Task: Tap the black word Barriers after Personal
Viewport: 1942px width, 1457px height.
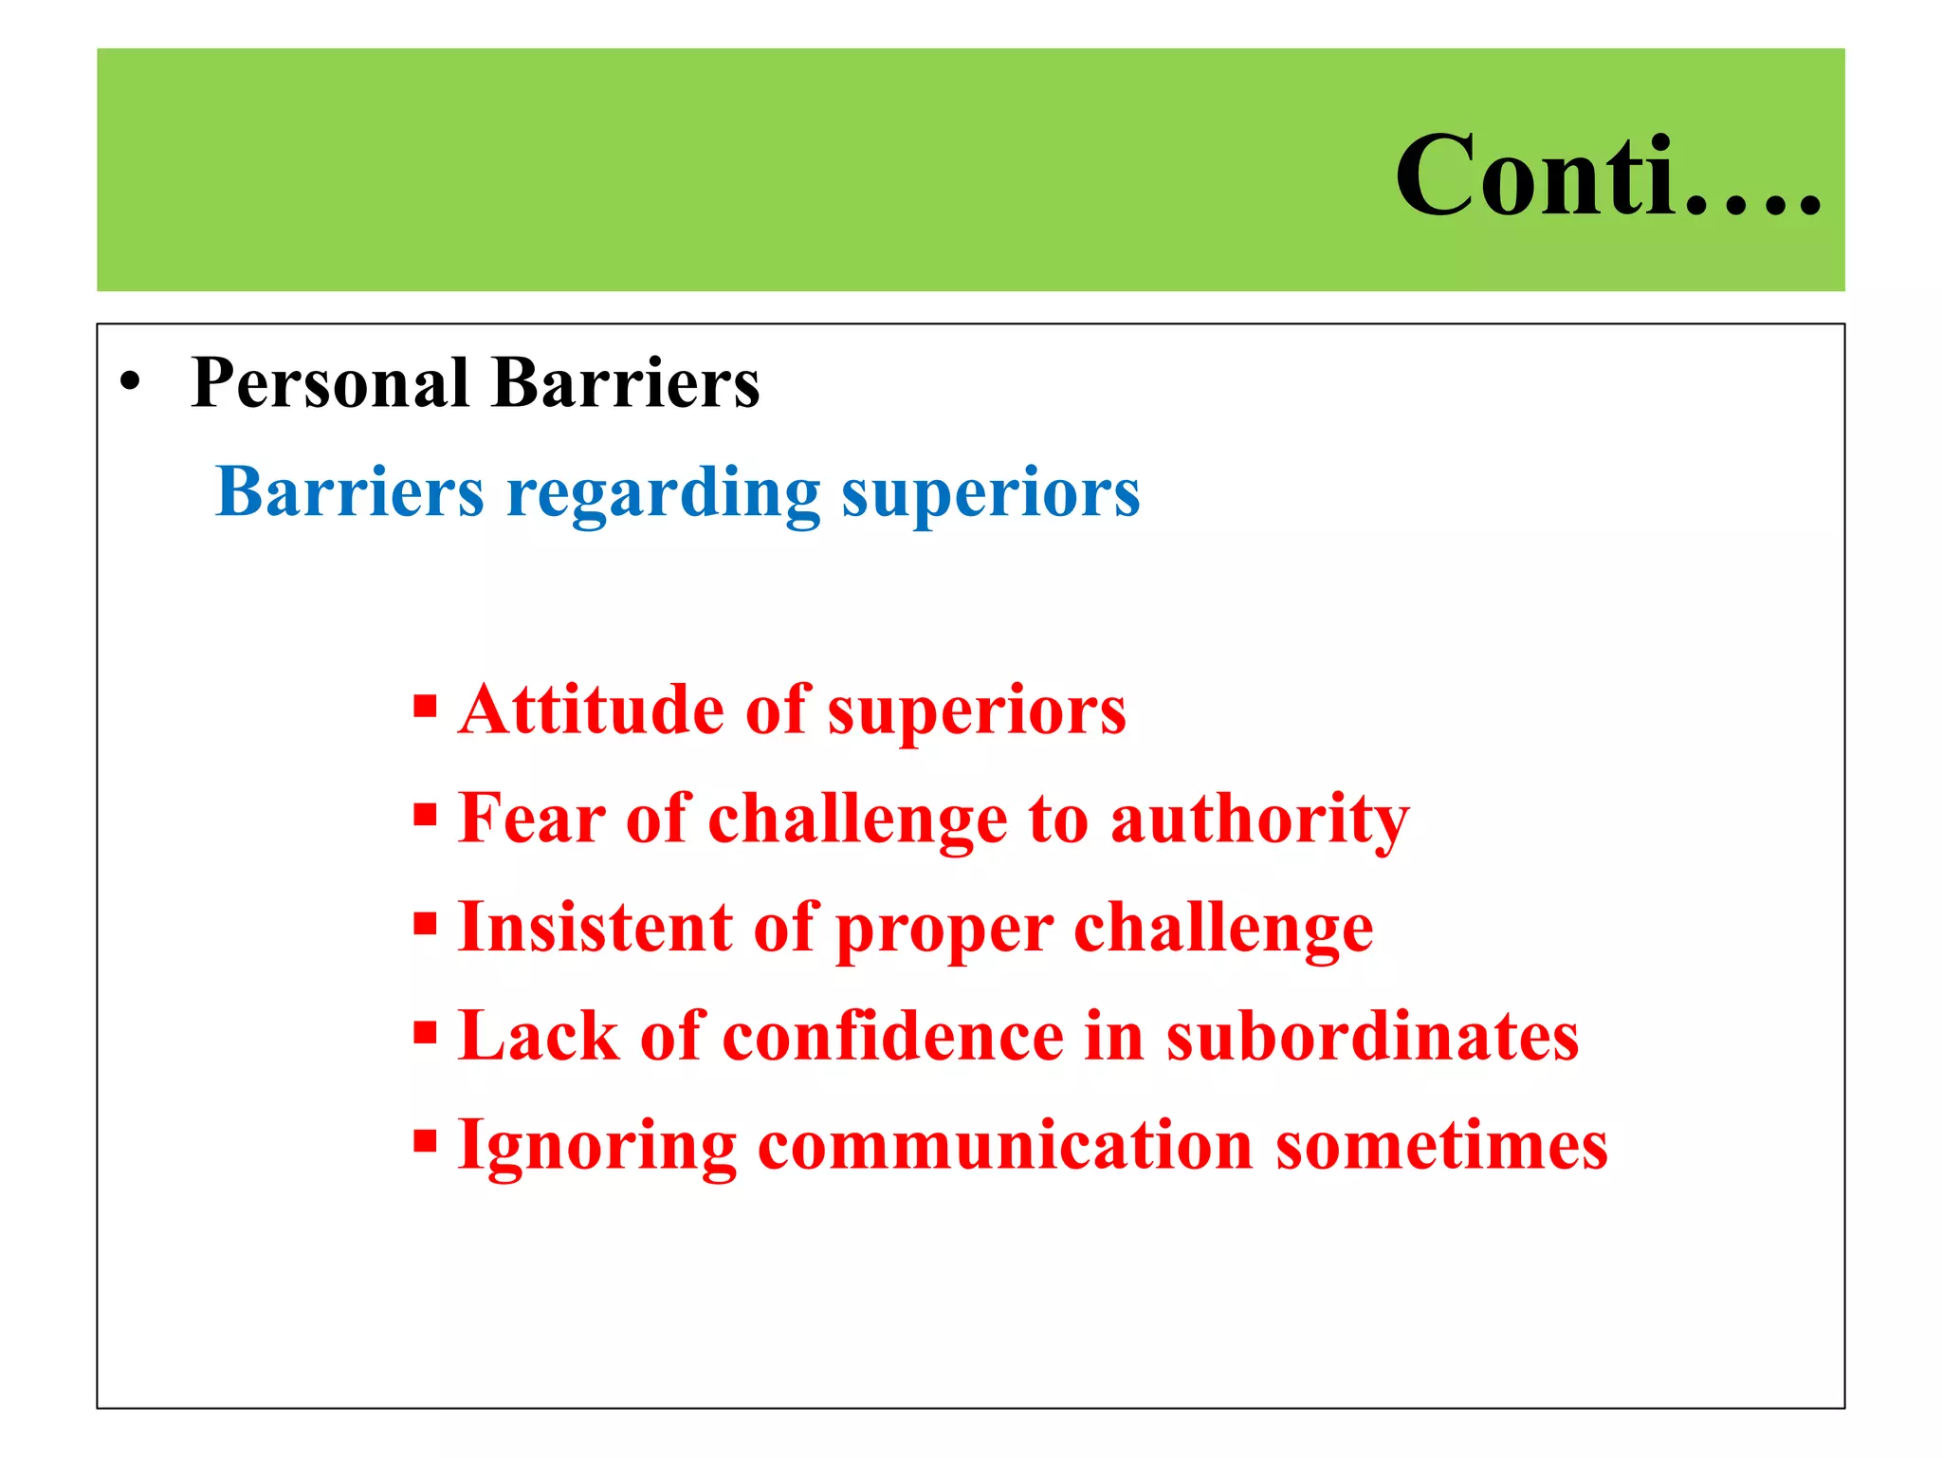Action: [x=626, y=383]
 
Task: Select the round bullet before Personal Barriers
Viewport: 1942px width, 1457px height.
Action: [x=130, y=383]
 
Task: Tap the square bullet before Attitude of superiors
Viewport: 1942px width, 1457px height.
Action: [x=425, y=707]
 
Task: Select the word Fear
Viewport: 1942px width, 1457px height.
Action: [x=532, y=818]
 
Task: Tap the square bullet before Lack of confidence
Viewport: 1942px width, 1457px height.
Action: [x=425, y=1032]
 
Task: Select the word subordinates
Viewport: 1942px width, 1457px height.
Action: [x=1372, y=1036]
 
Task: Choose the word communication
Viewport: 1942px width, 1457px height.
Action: [x=1005, y=1145]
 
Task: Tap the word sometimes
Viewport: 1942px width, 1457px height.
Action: [x=1441, y=1145]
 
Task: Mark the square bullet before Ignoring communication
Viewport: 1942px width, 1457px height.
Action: [x=425, y=1141]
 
